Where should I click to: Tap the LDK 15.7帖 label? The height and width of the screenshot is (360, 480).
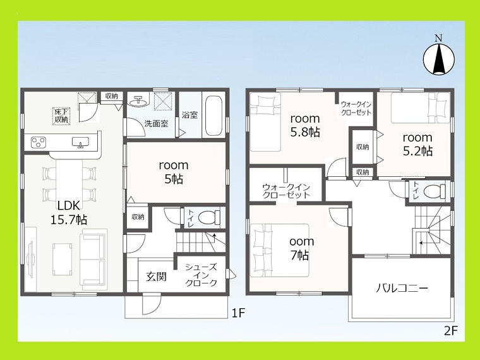pyautogui.click(x=69, y=212)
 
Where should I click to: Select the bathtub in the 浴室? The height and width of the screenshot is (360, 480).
pyautogui.click(x=213, y=116)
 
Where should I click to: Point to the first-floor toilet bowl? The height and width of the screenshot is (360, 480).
pyautogui.click(x=209, y=218)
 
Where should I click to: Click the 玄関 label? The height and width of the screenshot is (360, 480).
pyautogui.click(x=156, y=277)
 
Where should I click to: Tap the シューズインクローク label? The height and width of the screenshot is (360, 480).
pyautogui.click(x=201, y=275)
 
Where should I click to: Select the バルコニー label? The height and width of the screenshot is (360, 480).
pyautogui.click(x=401, y=289)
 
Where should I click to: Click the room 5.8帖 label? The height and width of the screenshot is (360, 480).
pyautogui.click(x=305, y=125)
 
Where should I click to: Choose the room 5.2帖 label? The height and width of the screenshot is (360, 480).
pyautogui.click(x=417, y=144)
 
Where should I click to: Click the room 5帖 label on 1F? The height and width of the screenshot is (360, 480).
pyautogui.click(x=174, y=172)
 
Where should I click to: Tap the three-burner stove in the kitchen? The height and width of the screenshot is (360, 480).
pyautogui.click(x=39, y=142)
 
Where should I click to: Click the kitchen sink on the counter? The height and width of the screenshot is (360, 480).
pyautogui.click(x=80, y=142)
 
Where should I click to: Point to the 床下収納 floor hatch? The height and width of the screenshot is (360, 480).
pyautogui.click(x=61, y=116)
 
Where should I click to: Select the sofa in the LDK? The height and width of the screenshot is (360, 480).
pyautogui.click(x=94, y=260)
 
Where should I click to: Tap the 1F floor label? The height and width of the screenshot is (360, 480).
pyautogui.click(x=238, y=313)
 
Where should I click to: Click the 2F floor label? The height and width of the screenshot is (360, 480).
pyautogui.click(x=450, y=331)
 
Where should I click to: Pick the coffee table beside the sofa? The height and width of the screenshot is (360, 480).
pyautogui.click(x=62, y=260)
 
